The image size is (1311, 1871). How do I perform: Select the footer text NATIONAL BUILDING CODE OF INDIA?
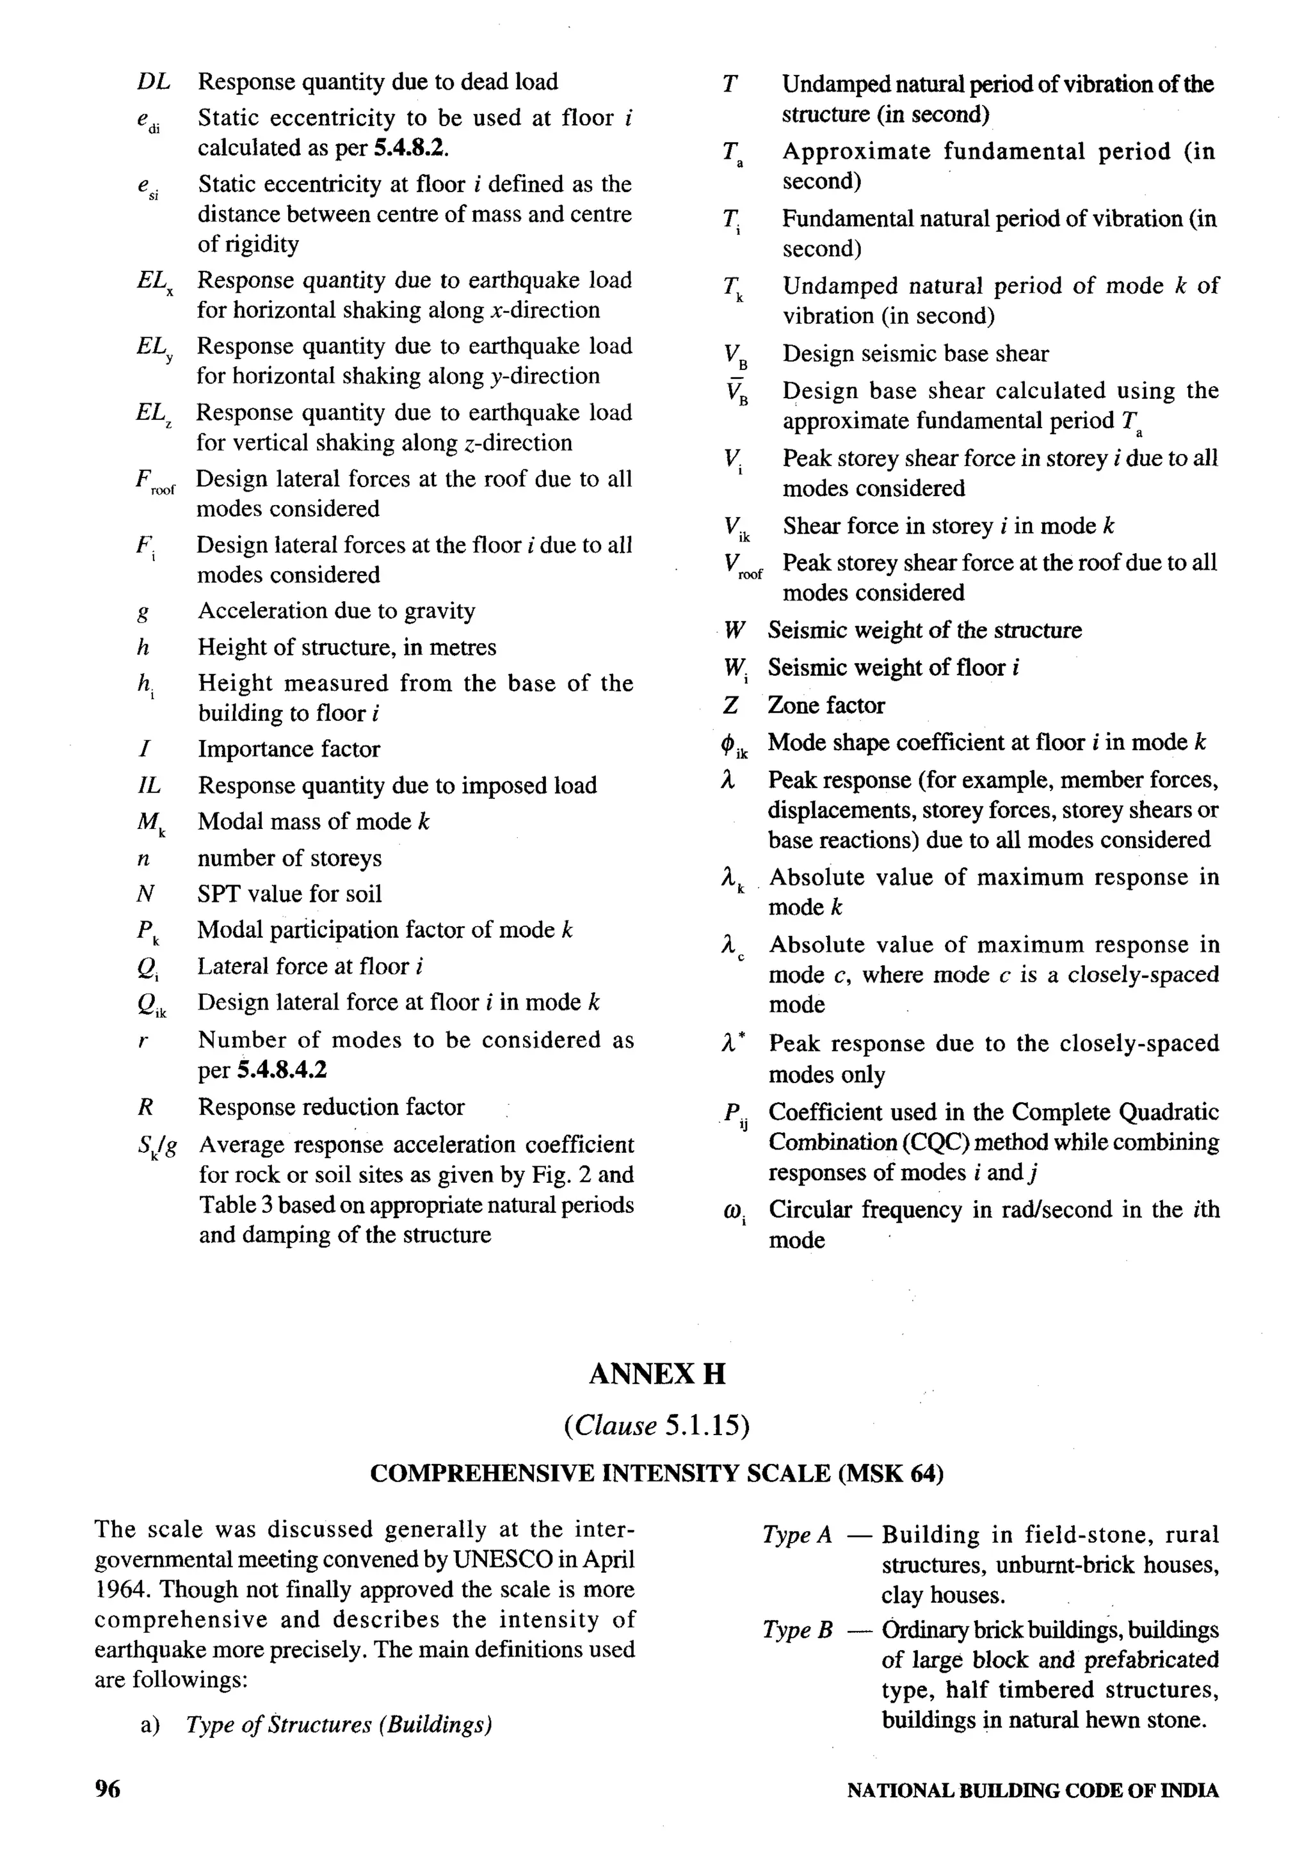coord(1033,1790)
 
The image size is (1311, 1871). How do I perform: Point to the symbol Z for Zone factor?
coord(730,705)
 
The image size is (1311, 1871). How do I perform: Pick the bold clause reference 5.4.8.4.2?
coord(282,1070)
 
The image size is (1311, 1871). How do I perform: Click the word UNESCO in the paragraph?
coord(501,1559)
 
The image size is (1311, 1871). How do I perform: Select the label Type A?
coord(797,1535)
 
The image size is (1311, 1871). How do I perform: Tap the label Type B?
coord(797,1630)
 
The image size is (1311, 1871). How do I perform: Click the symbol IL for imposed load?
coord(149,785)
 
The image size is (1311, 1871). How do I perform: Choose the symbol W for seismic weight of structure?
coord(734,630)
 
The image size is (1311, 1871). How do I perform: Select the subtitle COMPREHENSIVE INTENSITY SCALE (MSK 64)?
coord(656,1474)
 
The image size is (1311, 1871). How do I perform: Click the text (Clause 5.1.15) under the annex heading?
coord(656,1425)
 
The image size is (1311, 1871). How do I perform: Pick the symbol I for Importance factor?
coord(143,749)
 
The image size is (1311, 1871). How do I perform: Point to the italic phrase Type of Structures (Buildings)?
coord(339,1724)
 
